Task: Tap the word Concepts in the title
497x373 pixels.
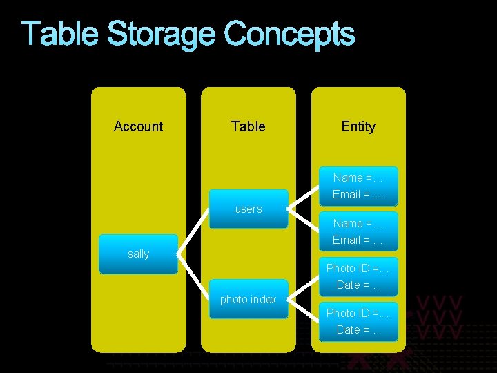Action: coord(289,35)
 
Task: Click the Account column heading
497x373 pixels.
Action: coord(138,126)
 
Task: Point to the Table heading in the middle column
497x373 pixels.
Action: coord(248,126)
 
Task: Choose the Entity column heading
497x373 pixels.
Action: coord(358,126)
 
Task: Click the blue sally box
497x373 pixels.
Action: coord(138,254)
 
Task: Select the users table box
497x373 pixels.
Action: coord(248,209)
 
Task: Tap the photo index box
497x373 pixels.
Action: coord(248,299)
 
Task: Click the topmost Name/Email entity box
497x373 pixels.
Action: coord(358,186)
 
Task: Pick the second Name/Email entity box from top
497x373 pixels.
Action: coord(358,231)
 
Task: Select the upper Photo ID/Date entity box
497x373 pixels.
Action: coord(358,276)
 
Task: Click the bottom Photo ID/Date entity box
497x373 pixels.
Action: coord(358,321)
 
